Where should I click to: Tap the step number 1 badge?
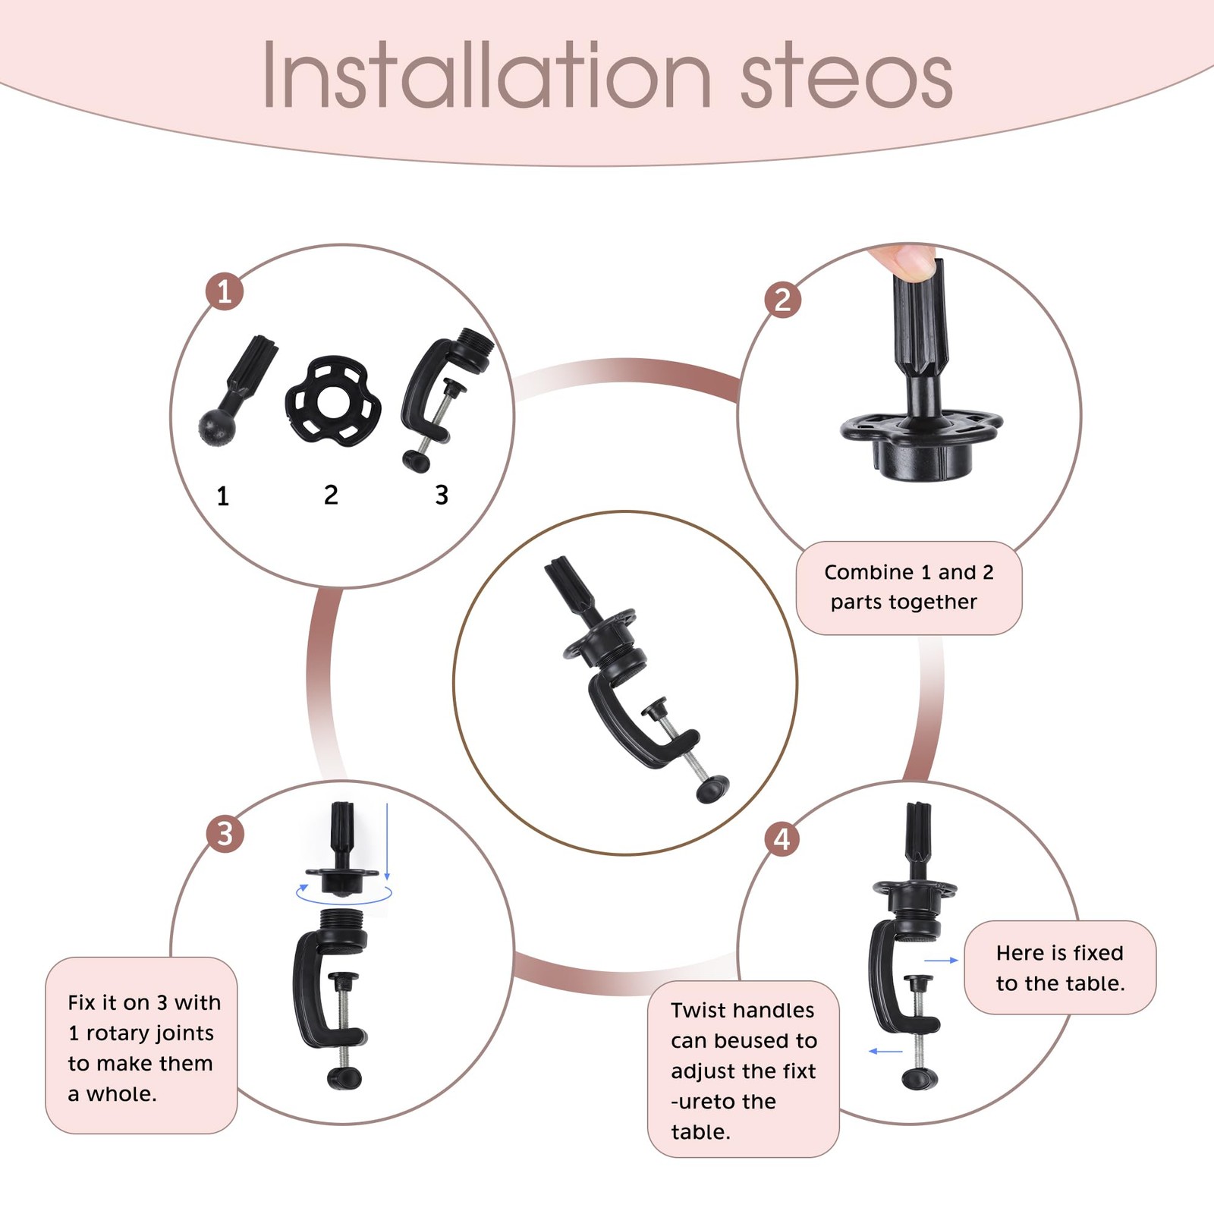tap(225, 291)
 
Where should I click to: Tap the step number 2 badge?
tap(783, 299)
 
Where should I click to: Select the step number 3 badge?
tap(225, 834)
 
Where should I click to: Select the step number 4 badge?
tap(782, 839)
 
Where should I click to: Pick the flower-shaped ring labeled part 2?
tap(332, 400)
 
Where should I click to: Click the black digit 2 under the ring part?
tap(331, 495)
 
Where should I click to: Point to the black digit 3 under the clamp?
tap(442, 495)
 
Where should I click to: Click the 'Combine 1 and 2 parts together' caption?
tap(909, 587)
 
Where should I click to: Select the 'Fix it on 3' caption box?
tap(141, 1046)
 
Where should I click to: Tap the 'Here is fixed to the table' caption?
tap(1060, 967)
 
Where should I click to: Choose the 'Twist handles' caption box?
tap(744, 1069)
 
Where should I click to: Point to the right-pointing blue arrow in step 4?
tap(942, 961)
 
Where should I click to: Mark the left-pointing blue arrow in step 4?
tap(885, 1052)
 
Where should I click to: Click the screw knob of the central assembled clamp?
tap(712, 789)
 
